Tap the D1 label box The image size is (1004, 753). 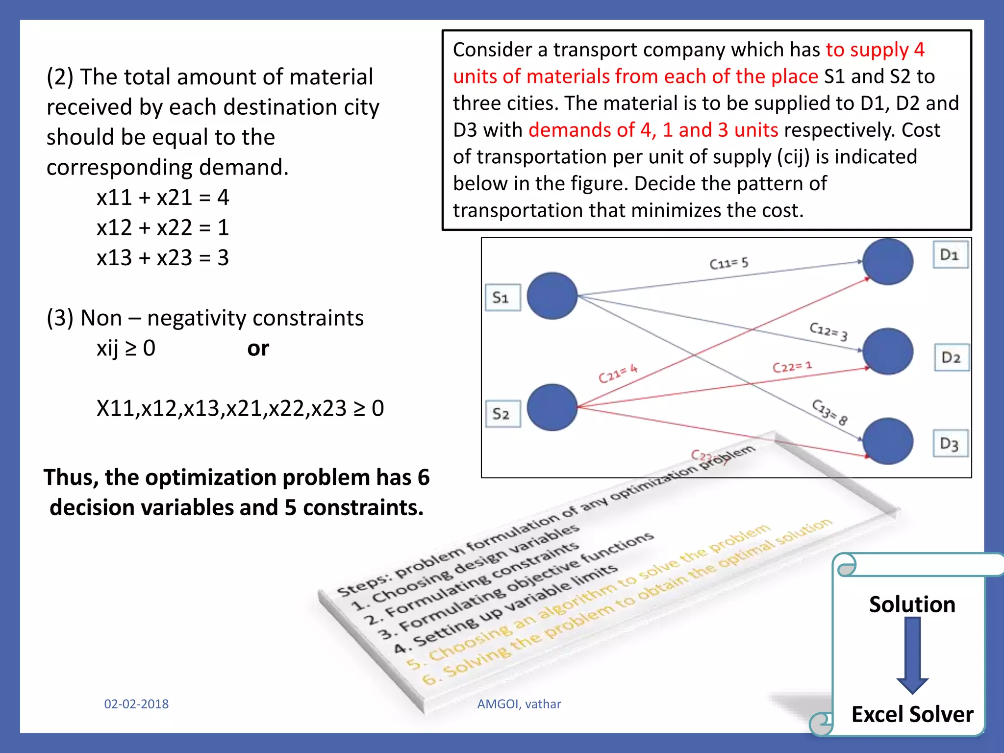point(950,254)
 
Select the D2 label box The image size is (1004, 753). point(951,357)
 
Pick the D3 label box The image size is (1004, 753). point(950,444)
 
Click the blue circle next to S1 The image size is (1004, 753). point(552,296)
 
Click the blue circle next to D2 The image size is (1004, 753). point(887,351)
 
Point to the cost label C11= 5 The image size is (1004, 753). point(729,263)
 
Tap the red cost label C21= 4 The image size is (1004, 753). point(618,374)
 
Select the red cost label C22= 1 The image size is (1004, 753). point(792,367)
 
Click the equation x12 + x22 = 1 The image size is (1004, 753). point(163,227)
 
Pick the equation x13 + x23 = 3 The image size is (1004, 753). point(163,258)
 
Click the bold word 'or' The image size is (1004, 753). point(258,349)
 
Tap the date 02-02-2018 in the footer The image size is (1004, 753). point(136,704)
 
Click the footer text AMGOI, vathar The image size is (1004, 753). point(519,704)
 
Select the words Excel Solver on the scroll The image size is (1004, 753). point(912,714)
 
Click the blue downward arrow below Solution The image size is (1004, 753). point(912,654)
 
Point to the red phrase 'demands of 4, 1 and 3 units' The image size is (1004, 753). point(653,130)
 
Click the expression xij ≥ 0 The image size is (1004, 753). point(126,349)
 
